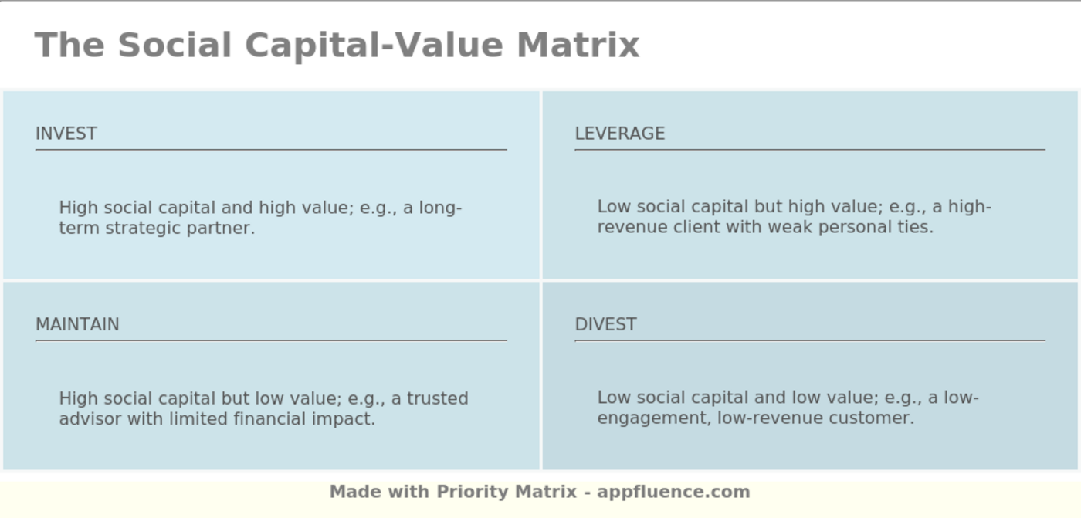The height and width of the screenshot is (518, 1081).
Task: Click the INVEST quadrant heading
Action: point(66,134)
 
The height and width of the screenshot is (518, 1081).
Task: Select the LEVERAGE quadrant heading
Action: point(619,134)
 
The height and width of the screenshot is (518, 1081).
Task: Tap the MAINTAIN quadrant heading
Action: point(77,324)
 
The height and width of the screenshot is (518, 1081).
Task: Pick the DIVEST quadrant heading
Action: point(605,324)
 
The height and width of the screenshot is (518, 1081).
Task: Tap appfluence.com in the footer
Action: point(673,492)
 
